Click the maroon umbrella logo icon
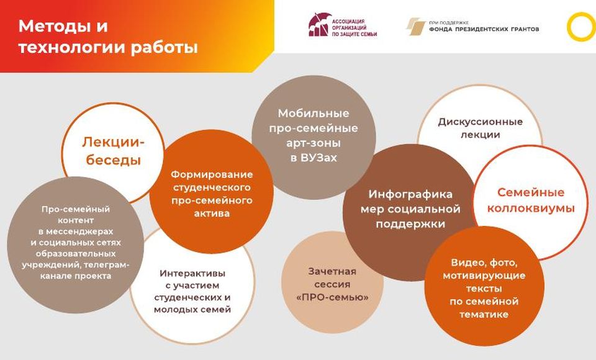[x=318, y=25]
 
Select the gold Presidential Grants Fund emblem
[x=415, y=26]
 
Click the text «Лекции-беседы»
[x=113, y=151]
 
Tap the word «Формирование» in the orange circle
[x=212, y=174]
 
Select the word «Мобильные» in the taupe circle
[x=314, y=114]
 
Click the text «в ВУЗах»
[x=314, y=158]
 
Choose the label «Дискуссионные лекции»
[x=480, y=128]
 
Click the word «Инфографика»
[x=410, y=194]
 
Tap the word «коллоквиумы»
[x=531, y=209]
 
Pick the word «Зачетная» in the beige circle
[x=332, y=271]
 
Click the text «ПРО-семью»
[x=332, y=297]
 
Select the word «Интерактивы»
[x=192, y=273]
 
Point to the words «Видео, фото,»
[x=484, y=263]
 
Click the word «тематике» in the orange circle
[x=484, y=315]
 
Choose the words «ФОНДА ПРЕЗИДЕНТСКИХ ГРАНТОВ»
[x=484, y=29]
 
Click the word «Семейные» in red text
[x=531, y=192]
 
